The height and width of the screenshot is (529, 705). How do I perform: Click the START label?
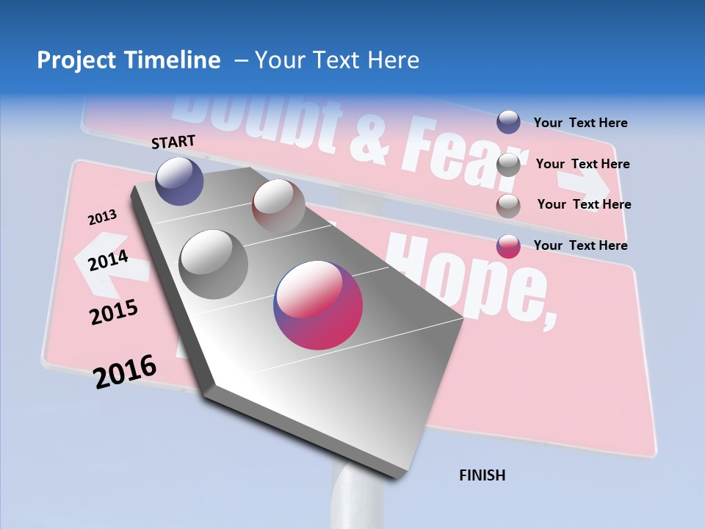[173, 142]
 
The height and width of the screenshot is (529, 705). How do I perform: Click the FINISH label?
[482, 475]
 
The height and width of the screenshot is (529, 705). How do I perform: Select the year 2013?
[102, 217]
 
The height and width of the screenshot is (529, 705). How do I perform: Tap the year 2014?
[108, 260]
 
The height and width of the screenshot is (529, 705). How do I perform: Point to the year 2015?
[114, 312]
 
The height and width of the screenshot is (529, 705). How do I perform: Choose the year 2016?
[125, 371]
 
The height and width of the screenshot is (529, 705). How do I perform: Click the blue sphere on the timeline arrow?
[179, 181]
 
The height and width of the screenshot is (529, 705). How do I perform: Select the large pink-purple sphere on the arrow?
[318, 305]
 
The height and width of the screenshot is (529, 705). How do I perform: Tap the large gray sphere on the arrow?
[213, 264]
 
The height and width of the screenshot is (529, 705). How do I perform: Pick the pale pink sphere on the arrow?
[278, 205]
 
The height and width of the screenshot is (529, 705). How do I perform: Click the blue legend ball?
[508, 122]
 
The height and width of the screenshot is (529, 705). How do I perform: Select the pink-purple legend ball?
[508, 246]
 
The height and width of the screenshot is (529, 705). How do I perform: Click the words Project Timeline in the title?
[129, 60]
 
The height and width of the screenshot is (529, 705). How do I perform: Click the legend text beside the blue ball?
[580, 123]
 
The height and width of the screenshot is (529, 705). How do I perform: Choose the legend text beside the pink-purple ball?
[580, 245]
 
